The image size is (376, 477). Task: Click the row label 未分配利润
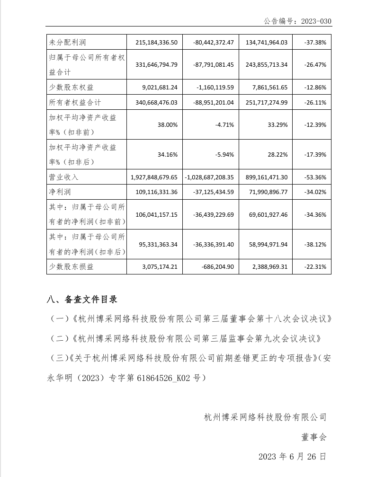(64, 42)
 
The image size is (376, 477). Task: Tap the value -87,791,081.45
(214, 64)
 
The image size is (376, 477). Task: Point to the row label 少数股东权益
(72, 87)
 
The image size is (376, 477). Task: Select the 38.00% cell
(168, 125)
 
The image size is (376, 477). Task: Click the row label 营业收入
(64, 177)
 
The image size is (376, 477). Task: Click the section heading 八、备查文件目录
(81, 299)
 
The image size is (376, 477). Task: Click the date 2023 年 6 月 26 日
(292, 457)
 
